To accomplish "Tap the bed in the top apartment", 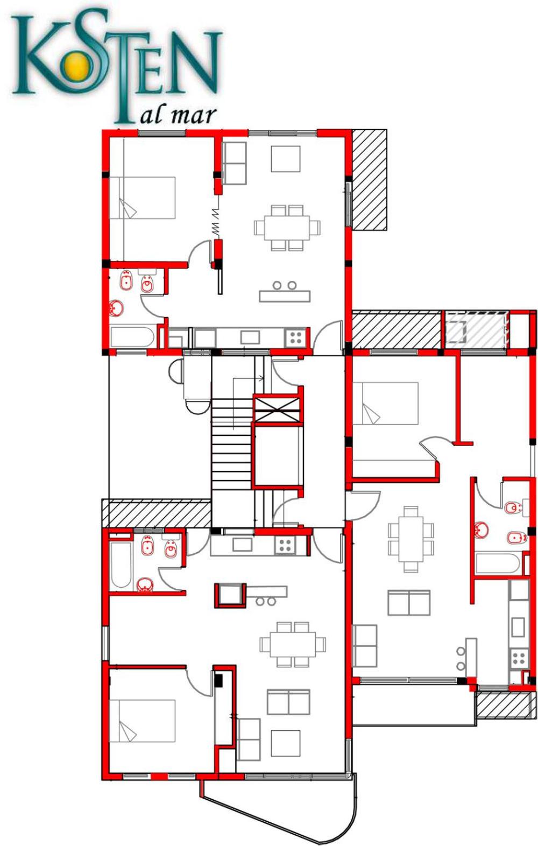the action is [143, 198].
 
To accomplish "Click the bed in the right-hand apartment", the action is [385, 403].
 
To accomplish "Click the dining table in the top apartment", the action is [287, 228].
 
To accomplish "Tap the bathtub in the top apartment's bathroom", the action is [132, 337].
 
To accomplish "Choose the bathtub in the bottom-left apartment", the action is [121, 565].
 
